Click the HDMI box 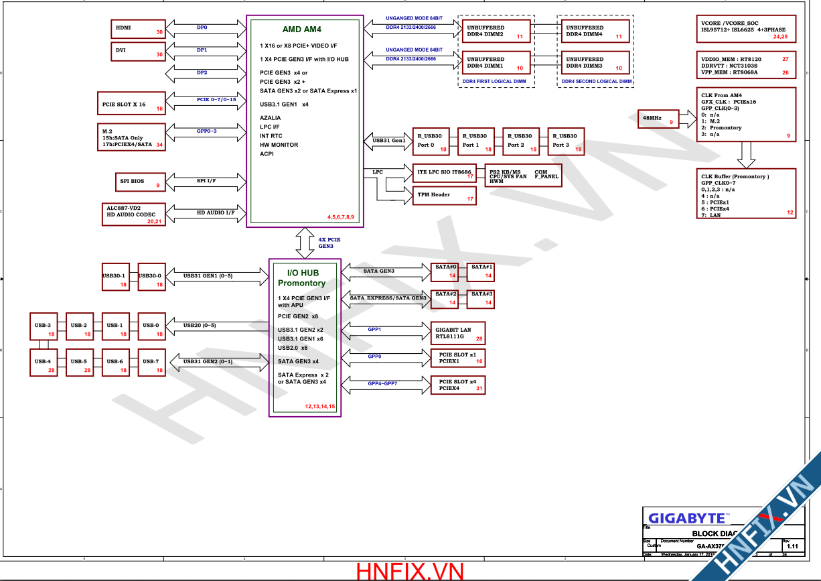(x=138, y=29)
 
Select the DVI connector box (x=138, y=51)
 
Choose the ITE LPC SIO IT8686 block (x=443, y=172)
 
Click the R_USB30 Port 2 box (x=520, y=141)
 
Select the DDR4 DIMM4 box (x=593, y=31)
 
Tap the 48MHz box (x=658, y=119)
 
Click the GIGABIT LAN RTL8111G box (x=459, y=334)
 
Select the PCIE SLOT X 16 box (x=131, y=105)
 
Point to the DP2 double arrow (x=202, y=72)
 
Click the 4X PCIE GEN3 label (x=329, y=243)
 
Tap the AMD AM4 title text (x=301, y=29)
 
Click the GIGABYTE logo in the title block (x=687, y=518)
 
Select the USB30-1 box (x=115, y=277)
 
